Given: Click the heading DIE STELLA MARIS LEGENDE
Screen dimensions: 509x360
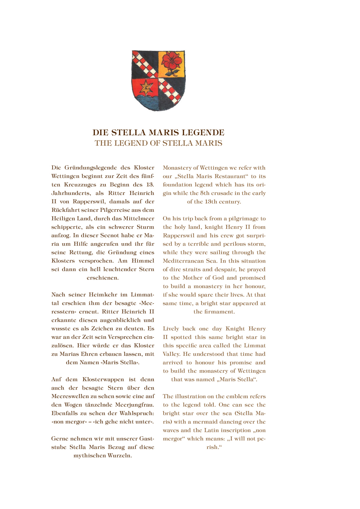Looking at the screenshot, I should [x=158, y=133].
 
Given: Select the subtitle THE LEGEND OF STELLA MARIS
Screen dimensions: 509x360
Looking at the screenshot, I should [x=158, y=143].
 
